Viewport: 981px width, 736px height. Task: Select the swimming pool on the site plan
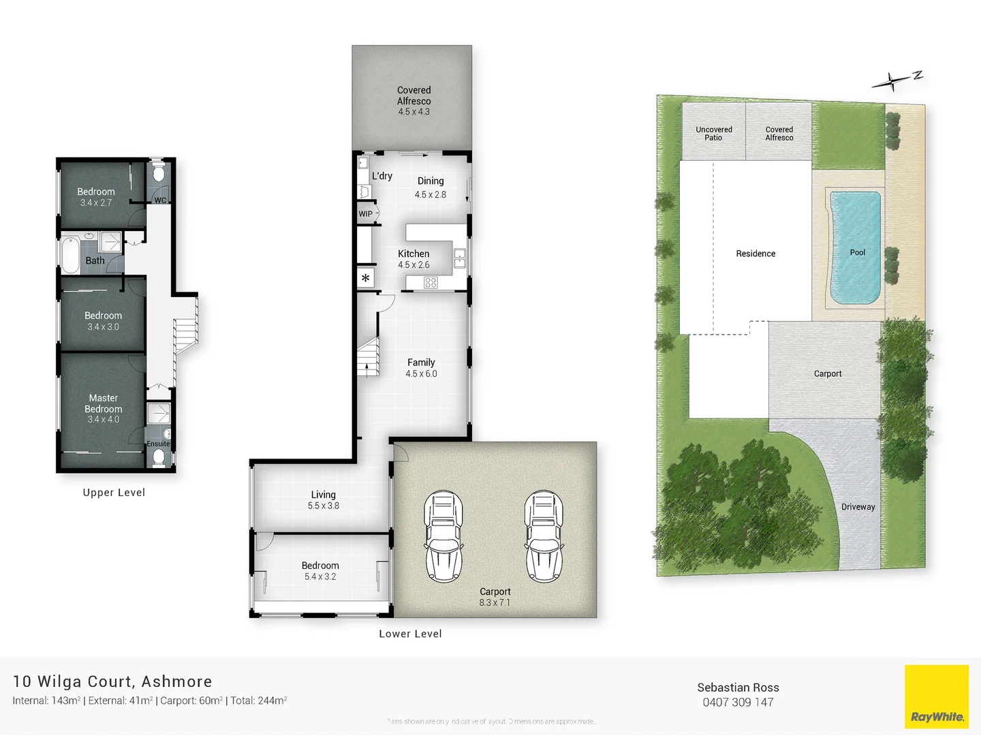click(x=855, y=248)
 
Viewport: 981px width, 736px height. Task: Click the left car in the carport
click(x=443, y=536)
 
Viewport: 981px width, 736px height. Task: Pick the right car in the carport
click(x=543, y=536)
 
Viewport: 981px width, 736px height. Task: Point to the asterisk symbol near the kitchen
click(x=366, y=278)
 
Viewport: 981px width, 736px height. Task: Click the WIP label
click(x=366, y=214)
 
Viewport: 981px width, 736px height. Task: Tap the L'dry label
click(x=381, y=176)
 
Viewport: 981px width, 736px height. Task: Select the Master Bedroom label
click(x=104, y=403)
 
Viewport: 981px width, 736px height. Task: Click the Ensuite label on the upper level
click(x=158, y=444)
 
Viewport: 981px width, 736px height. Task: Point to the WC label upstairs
click(x=160, y=200)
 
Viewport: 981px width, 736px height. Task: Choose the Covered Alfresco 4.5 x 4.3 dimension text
click(x=414, y=112)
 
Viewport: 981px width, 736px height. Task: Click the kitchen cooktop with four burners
click(x=431, y=282)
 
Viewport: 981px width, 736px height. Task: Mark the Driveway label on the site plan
click(x=858, y=507)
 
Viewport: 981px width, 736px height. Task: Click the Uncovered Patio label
click(x=714, y=134)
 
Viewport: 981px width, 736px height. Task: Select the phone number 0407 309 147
click(x=738, y=703)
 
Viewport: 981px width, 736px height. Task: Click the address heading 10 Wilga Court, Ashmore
click(x=112, y=681)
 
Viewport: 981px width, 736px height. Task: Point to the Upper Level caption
click(x=114, y=493)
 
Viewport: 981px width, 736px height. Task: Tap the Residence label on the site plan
click(x=756, y=254)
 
